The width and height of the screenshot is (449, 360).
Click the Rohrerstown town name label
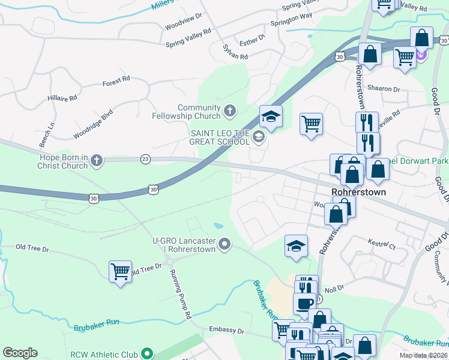point(358,193)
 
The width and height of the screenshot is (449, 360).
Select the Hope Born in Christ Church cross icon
point(96,160)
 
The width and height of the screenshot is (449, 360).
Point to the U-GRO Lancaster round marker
point(224,244)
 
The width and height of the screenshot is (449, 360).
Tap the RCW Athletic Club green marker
point(145,353)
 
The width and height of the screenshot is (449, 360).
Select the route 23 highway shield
point(145,159)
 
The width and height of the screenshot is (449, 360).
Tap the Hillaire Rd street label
point(62,98)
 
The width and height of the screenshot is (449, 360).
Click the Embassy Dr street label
point(226,331)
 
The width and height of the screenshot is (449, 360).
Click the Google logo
point(20,353)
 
